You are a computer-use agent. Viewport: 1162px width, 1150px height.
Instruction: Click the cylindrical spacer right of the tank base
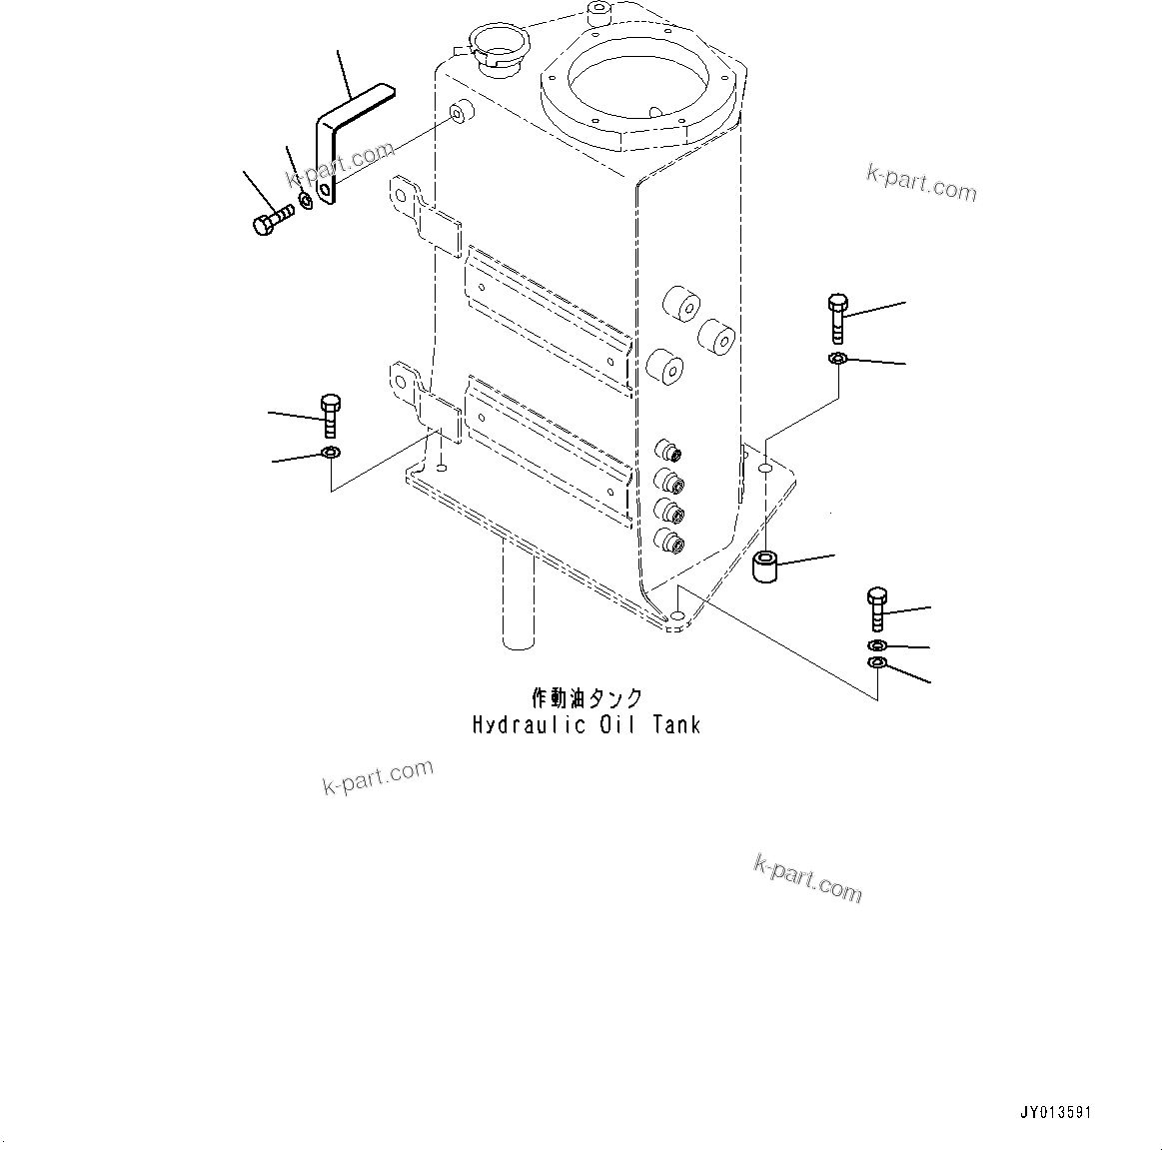[765, 568]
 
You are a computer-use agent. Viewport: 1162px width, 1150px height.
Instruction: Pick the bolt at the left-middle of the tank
[331, 415]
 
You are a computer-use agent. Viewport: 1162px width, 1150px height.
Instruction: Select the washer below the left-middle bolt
[331, 455]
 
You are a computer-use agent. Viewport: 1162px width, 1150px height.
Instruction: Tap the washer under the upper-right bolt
[838, 359]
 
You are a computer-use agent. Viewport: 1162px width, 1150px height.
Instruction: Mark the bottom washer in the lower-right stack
[877, 664]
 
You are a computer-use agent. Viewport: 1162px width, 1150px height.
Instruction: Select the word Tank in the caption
[676, 725]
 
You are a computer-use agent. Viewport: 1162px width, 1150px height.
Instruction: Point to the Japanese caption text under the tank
[585, 698]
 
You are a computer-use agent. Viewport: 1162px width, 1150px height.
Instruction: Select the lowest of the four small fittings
[667, 542]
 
